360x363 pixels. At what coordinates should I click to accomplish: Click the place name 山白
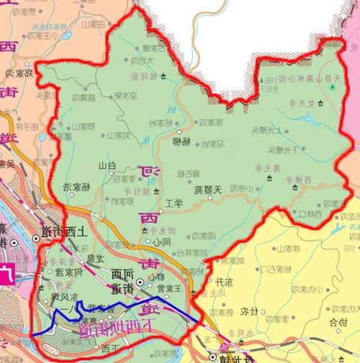(107, 166)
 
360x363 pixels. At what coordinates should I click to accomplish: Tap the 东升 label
(225, 281)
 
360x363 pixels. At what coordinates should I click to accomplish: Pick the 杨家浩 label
(77, 187)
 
